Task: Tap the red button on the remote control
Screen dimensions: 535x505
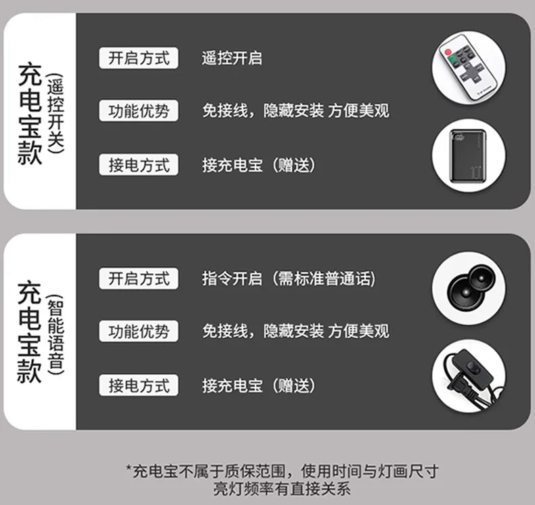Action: pyautogui.click(x=448, y=52)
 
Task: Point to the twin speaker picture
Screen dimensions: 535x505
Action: pyautogui.click(x=470, y=288)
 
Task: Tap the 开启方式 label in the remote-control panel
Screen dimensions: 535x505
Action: pyautogui.click(x=139, y=58)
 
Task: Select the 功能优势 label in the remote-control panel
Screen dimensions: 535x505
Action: pyautogui.click(x=139, y=110)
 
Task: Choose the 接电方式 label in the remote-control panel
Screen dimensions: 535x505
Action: pyautogui.click(x=139, y=165)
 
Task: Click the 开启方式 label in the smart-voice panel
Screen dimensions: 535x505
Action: pyautogui.click(x=139, y=279)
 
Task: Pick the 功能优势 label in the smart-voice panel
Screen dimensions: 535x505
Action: pyautogui.click(x=139, y=331)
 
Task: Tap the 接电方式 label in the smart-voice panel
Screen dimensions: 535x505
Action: pyautogui.click(x=139, y=385)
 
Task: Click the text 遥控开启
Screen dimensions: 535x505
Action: pyautogui.click(x=232, y=58)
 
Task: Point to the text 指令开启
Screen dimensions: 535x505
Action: pyautogui.click(x=232, y=279)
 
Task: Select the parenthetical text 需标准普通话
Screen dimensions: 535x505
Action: pyautogui.click(x=324, y=279)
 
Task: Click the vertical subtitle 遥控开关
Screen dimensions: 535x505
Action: pyautogui.click(x=56, y=115)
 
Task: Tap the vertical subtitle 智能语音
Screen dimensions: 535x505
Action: pyautogui.click(x=56, y=335)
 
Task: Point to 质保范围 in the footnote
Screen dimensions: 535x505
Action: pyautogui.click(x=254, y=472)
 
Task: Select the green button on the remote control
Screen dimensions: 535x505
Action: pyautogui.click(x=453, y=60)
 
